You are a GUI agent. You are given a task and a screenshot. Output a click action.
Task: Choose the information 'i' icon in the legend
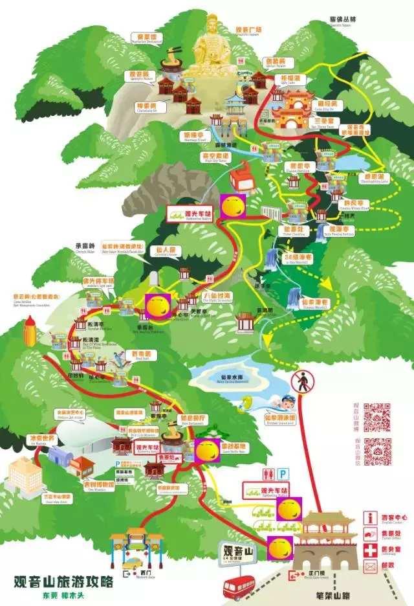[x=370, y=517]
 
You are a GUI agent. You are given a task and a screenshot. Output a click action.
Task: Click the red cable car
[x=240, y=175]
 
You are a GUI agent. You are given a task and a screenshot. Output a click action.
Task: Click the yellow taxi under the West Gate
[x=138, y=562]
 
